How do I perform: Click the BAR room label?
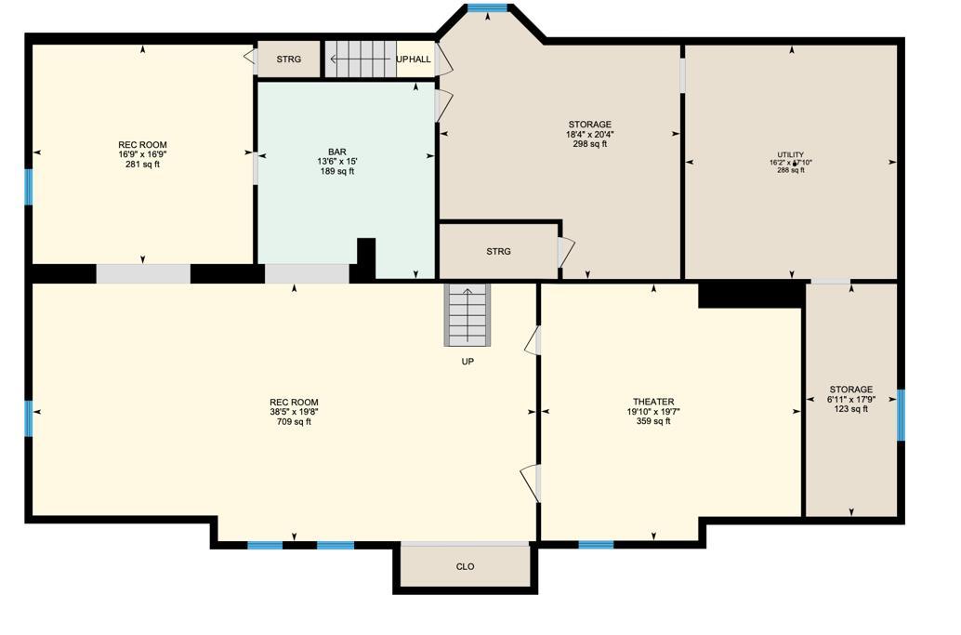click(x=336, y=152)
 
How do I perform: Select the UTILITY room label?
click(x=791, y=154)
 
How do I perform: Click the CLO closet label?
click(x=466, y=566)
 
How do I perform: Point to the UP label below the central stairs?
click(x=467, y=362)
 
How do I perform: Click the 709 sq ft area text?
click(x=294, y=421)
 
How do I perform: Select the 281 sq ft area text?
click(x=142, y=165)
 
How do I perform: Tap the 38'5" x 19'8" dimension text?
click(x=294, y=412)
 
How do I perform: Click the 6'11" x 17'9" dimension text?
click(x=850, y=399)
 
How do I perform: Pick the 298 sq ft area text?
click(x=590, y=144)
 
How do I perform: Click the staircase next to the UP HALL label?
click(x=360, y=60)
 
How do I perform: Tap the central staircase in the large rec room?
click(x=466, y=314)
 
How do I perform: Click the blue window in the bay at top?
click(x=487, y=8)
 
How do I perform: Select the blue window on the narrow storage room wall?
click(x=901, y=415)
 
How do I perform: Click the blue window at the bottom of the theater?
click(x=596, y=544)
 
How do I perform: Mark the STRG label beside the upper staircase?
click(x=289, y=60)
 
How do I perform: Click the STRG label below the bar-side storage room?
click(x=498, y=251)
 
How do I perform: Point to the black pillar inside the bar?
click(x=366, y=258)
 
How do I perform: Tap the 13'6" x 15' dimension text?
click(x=336, y=161)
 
